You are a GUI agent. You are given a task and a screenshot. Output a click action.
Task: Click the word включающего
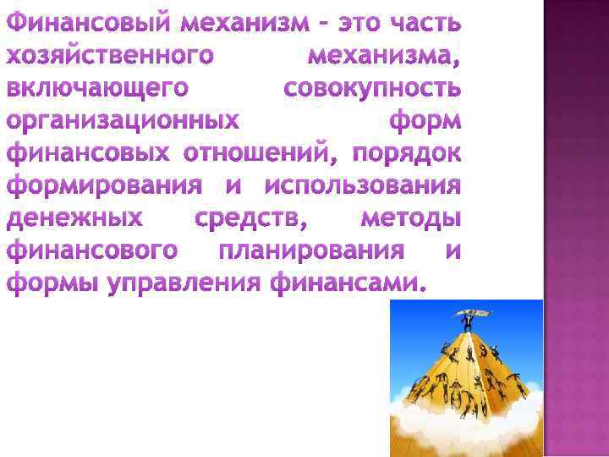click(96, 89)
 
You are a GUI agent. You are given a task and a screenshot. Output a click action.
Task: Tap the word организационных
click(122, 122)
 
